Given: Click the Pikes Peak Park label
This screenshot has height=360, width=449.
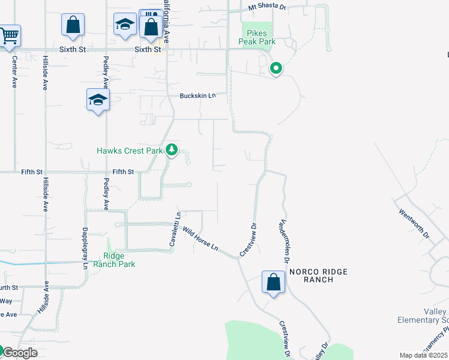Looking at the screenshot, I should point(258,38).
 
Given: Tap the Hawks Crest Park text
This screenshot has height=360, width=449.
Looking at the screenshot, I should point(130,151).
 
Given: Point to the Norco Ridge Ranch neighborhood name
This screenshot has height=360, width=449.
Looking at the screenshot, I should point(318,276).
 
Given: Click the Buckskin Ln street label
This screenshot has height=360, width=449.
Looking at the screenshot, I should point(197,96).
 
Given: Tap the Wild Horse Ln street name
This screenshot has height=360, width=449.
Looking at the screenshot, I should point(201,239).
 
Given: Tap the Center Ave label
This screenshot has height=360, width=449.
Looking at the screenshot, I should point(14,73).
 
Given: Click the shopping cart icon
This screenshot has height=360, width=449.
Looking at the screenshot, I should point(9,35).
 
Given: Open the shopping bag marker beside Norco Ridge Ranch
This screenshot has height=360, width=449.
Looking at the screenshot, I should point(273,282).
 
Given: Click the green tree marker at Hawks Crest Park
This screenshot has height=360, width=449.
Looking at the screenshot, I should point(172,149).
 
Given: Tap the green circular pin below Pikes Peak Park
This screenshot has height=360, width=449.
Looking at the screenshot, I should point(276,69).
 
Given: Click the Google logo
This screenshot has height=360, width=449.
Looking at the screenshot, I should point(20,353).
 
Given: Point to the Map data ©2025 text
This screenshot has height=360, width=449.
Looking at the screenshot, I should point(424,355).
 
